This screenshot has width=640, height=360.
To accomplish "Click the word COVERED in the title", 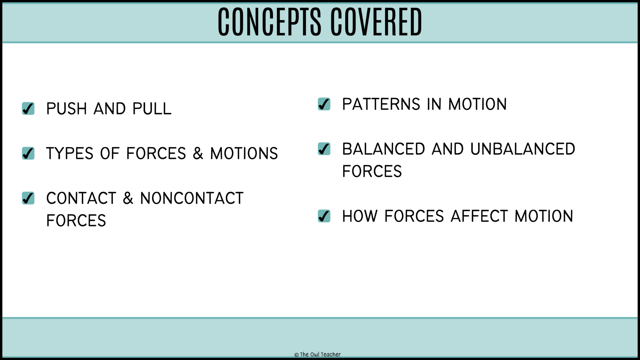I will (x=376, y=22).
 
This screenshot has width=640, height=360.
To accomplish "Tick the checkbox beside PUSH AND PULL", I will (x=28, y=108).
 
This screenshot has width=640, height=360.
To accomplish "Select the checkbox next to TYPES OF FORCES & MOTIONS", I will (x=28, y=153).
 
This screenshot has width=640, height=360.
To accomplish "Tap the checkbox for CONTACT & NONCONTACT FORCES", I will (x=28, y=198).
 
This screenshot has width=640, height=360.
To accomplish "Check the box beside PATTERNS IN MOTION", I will (x=324, y=104).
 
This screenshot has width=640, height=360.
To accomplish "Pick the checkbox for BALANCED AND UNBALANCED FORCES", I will (x=324, y=149).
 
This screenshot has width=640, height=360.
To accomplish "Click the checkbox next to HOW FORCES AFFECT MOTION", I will (x=324, y=216).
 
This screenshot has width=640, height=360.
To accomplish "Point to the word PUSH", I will (x=67, y=109).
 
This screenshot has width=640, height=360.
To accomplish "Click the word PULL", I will (x=152, y=109).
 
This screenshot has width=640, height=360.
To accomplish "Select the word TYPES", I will (x=70, y=153).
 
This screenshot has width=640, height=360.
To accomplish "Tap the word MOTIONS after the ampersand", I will (x=244, y=153).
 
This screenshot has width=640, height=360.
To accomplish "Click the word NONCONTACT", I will (x=192, y=198).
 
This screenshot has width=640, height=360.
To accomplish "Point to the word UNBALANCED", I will (x=522, y=149).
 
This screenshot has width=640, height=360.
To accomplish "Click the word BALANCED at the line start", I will (x=383, y=149).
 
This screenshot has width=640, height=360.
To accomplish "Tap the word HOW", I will (x=360, y=216).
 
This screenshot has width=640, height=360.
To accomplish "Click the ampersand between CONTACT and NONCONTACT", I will (x=128, y=198).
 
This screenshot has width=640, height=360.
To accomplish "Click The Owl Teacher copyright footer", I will (x=317, y=354).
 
